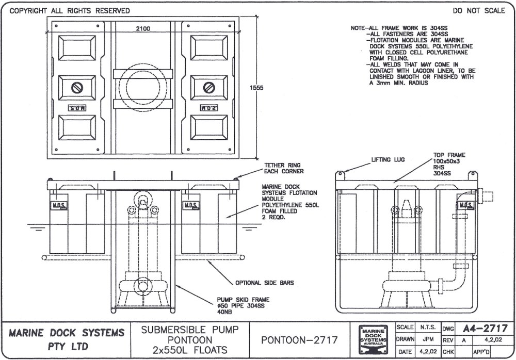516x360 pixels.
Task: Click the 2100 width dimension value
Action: [x=143, y=29]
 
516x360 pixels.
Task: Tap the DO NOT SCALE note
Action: [x=479, y=11]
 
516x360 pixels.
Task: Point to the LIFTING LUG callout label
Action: [x=388, y=160]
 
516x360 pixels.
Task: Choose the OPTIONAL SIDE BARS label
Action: [x=257, y=283]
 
